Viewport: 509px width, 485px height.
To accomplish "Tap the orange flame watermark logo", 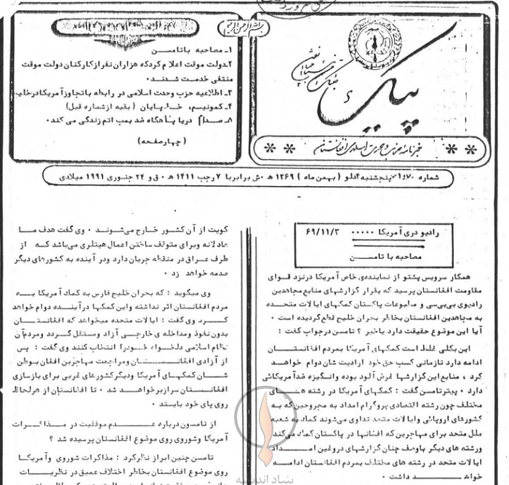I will [265, 430].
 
